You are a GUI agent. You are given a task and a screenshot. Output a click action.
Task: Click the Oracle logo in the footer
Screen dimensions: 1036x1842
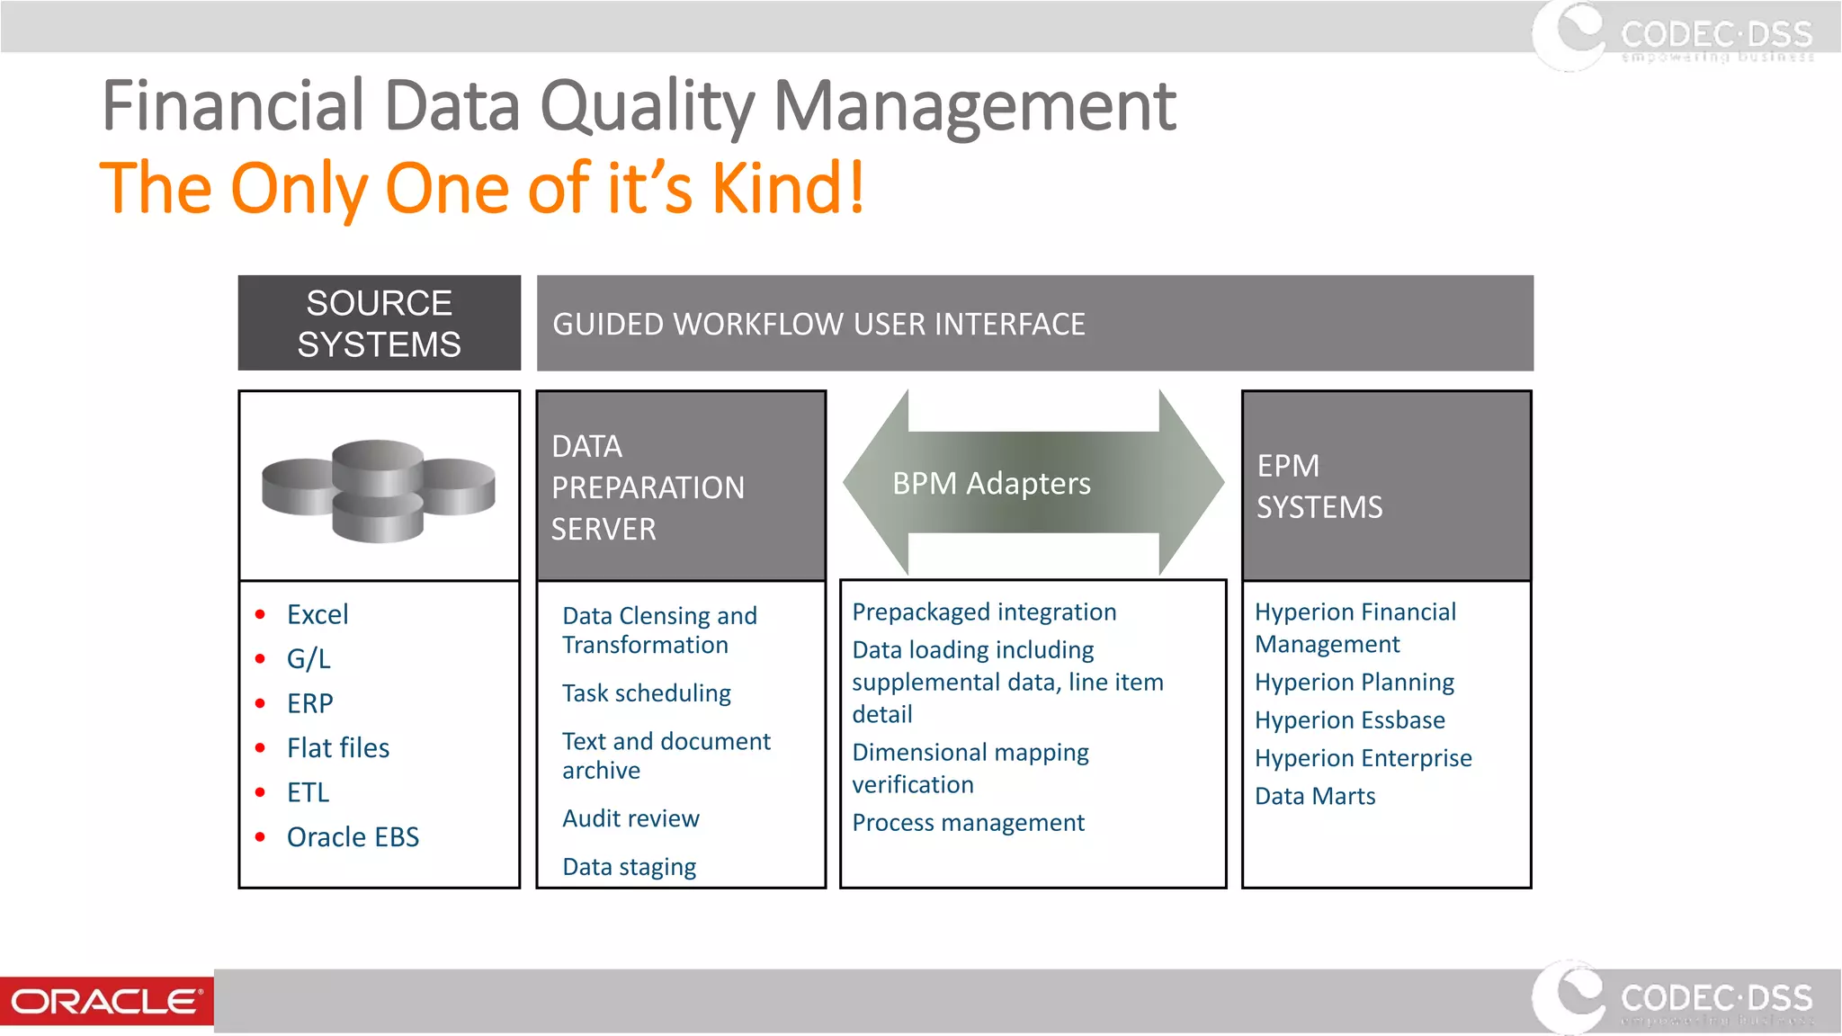click(x=106, y=1001)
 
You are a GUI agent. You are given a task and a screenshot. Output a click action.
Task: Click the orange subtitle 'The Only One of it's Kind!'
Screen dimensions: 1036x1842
click(x=482, y=189)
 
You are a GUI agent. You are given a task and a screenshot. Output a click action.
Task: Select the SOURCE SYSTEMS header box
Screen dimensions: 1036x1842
click(x=379, y=323)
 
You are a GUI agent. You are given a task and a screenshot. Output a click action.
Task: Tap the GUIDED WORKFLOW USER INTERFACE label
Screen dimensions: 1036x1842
click(x=818, y=324)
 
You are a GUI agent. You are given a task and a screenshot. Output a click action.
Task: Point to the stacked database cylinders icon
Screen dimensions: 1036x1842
click(x=379, y=490)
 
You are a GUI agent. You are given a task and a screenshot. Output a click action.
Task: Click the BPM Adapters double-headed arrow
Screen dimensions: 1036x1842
click(x=1033, y=483)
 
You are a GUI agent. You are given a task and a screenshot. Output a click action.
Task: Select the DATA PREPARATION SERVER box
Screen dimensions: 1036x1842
click(x=681, y=487)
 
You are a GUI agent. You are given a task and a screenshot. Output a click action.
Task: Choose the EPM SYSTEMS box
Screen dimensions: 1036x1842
click(x=1386, y=487)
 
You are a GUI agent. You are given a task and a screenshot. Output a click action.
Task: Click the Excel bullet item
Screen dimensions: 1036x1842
click(x=317, y=614)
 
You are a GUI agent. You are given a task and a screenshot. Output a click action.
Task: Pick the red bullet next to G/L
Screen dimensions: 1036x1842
click(x=260, y=659)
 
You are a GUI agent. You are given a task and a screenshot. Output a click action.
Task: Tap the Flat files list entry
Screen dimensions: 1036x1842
click(x=338, y=748)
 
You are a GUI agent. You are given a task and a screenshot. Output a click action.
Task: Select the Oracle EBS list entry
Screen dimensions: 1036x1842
click(x=353, y=837)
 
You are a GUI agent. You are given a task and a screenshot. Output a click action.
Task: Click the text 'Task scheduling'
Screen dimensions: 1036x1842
click(x=646, y=693)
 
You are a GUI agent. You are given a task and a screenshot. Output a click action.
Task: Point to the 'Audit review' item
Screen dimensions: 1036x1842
click(x=630, y=818)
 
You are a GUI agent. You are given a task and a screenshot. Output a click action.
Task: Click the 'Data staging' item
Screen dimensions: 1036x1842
click(x=629, y=867)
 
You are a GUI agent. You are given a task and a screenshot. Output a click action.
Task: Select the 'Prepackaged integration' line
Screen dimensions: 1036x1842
click(x=984, y=612)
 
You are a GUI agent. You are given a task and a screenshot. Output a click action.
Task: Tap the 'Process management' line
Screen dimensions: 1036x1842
click(x=968, y=823)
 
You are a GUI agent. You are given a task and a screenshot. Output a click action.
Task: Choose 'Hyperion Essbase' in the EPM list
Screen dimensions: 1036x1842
click(x=1349, y=720)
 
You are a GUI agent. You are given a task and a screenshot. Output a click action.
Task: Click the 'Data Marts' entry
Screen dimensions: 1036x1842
click(x=1315, y=797)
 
